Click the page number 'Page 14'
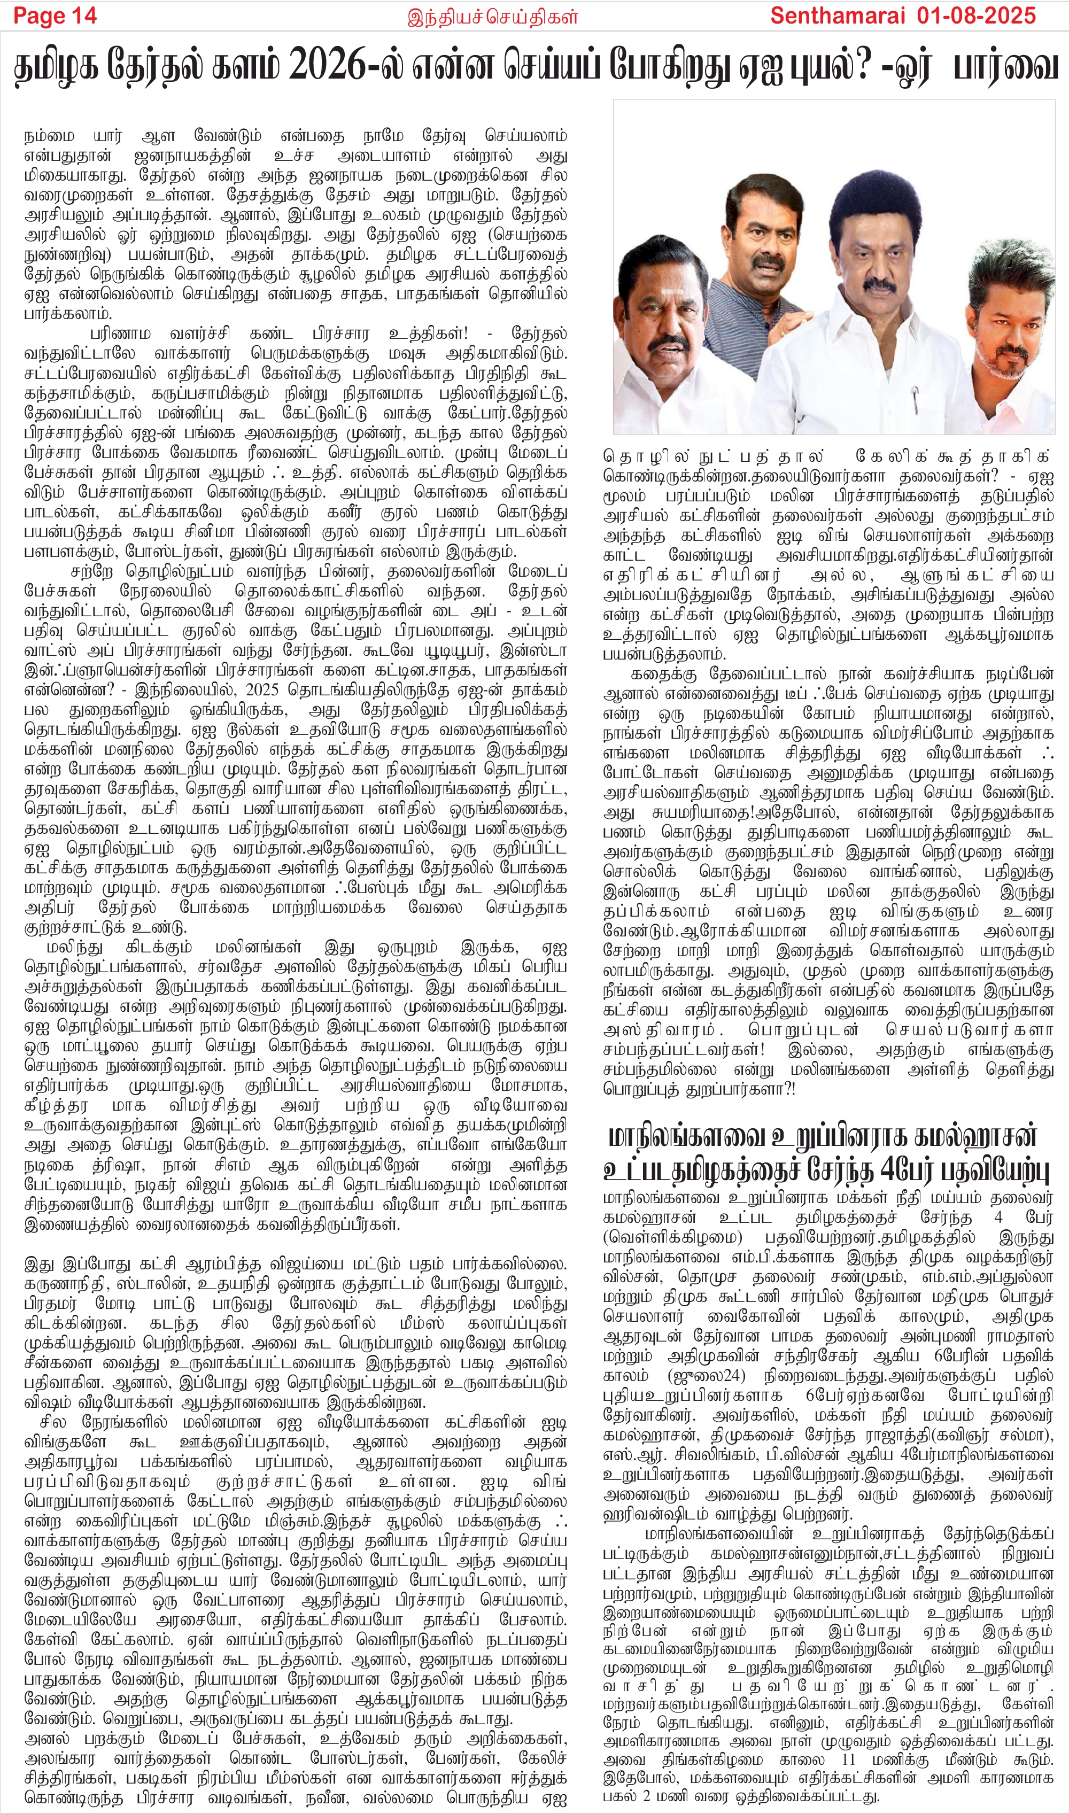[55, 16]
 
